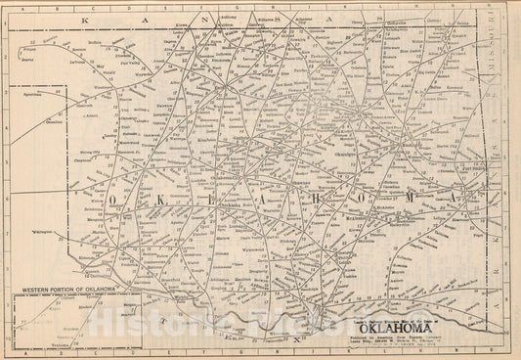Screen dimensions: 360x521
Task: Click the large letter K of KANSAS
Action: click(86, 19)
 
